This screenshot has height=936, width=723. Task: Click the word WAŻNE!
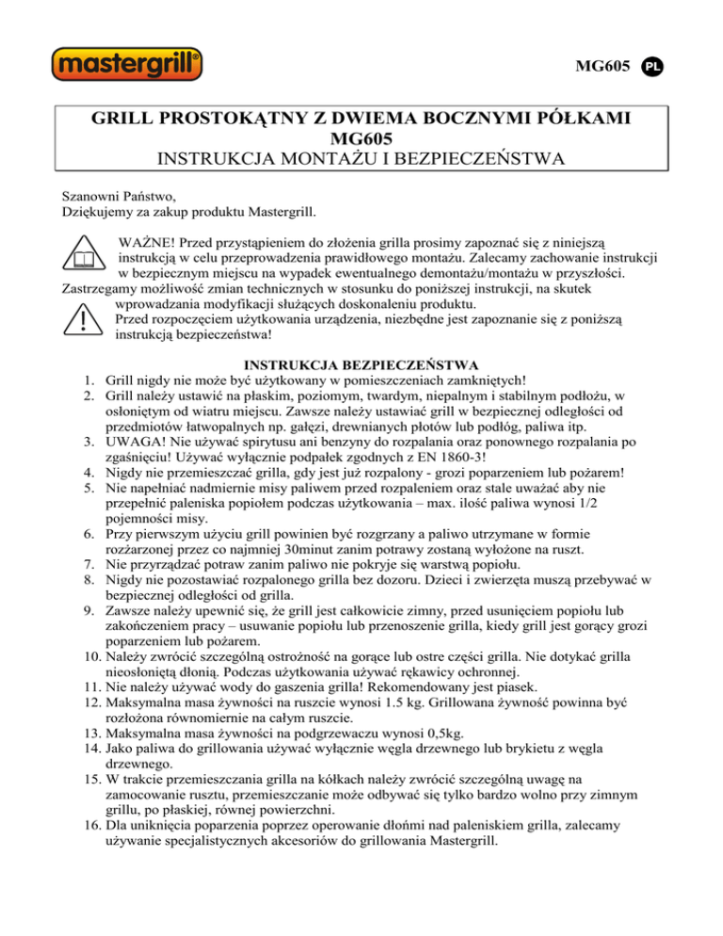point(149,239)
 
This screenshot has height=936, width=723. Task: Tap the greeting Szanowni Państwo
point(117,198)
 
